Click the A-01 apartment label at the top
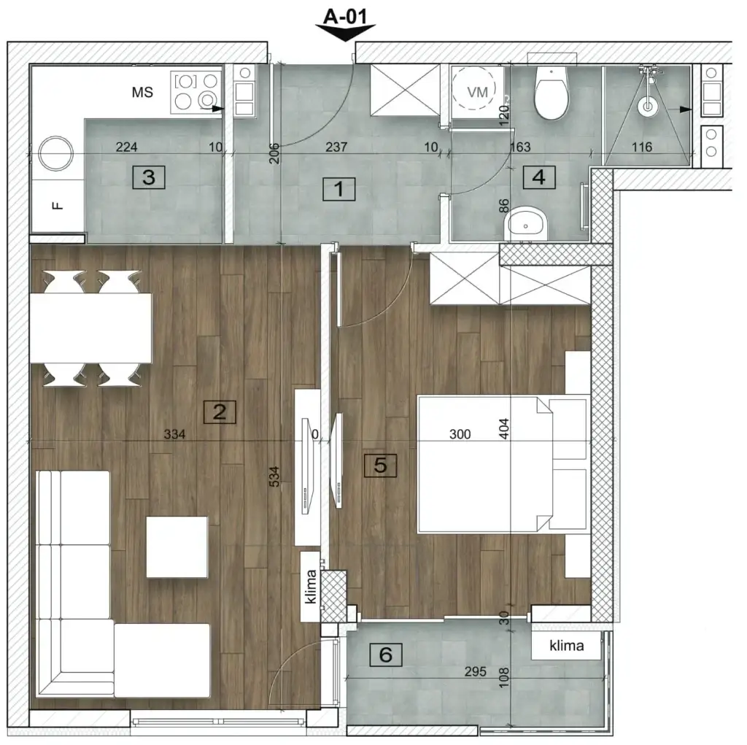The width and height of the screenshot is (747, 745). coord(346,16)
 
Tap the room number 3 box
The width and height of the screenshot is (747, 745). coord(149,177)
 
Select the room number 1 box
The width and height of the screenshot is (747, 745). coord(338,190)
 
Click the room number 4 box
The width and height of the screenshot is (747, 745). coord(538,177)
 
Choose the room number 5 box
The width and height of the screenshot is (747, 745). coord(380,465)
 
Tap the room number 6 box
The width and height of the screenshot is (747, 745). coord(386,655)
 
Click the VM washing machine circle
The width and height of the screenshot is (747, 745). coord(478,92)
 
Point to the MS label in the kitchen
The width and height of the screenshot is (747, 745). coord(142,93)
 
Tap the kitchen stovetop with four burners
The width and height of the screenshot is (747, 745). coord(196,91)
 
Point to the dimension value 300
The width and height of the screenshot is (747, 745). coord(460,435)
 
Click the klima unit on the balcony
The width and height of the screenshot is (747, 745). coord(567,646)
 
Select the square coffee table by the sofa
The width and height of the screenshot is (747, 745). coord(177,547)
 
